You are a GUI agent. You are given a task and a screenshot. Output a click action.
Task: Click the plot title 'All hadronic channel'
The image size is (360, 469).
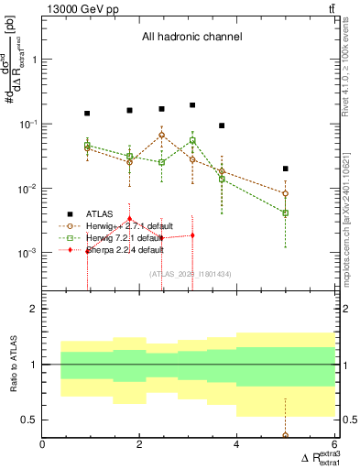191,38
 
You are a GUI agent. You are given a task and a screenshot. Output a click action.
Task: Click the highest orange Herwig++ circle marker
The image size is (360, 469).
162,135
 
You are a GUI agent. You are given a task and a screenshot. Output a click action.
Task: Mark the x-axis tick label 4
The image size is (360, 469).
237,446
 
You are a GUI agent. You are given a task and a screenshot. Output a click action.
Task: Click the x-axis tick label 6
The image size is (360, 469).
334,446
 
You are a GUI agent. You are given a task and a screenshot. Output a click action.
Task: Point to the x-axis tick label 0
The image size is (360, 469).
43,446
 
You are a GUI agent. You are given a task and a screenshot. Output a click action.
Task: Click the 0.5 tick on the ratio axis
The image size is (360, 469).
29,420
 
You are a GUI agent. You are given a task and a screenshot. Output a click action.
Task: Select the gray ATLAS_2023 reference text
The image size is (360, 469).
191,274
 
